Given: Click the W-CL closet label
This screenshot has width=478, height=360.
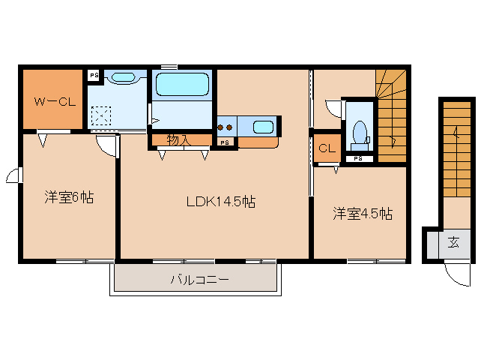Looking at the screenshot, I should [x=52, y=101].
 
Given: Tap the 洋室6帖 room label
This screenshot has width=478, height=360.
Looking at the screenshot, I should [x=68, y=198].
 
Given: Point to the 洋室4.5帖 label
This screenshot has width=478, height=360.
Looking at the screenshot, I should [x=363, y=214].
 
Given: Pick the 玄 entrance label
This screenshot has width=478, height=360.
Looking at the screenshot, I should [x=453, y=242].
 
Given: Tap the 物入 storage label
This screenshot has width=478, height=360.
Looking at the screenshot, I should [x=178, y=139].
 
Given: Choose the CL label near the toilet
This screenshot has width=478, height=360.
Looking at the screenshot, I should [x=327, y=148].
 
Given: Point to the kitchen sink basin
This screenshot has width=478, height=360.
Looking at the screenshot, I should [x=262, y=127].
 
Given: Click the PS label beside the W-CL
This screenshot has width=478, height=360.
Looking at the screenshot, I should [x=94, y=75].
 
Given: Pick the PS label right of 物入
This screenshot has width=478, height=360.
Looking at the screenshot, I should [x=224, y=142].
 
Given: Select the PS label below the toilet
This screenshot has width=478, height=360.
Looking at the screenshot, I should [x=358, y=159].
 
